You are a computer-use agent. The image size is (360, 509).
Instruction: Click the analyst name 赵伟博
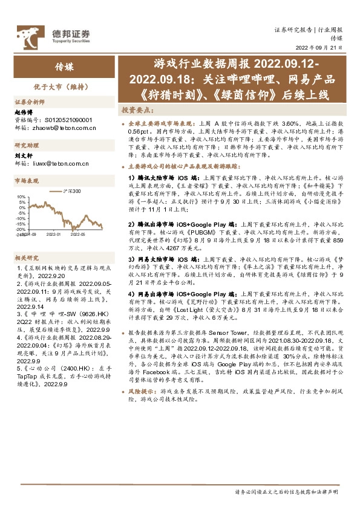click(x=22, y=112)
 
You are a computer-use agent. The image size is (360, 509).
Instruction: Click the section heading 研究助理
click(x=26, y=146)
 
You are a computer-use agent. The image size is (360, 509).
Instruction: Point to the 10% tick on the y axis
click(x=21, y=197)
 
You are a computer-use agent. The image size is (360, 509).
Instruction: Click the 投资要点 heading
click(x=134, y=111)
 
